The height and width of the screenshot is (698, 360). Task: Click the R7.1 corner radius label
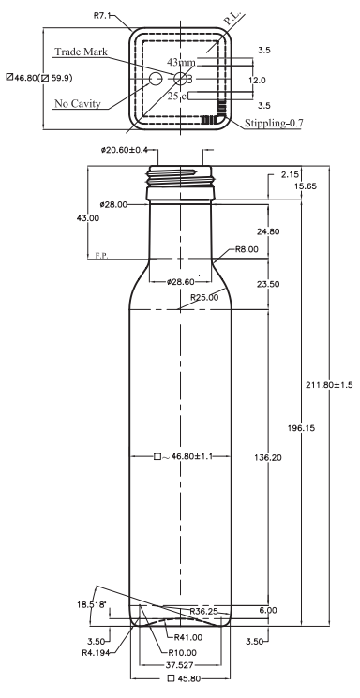coord(101,15)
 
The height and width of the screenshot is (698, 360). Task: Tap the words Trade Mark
coord(81,52)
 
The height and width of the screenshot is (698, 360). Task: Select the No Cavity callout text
coord(78,104)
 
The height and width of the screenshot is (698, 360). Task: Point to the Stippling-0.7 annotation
coord(274,123)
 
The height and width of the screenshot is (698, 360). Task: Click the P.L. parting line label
coord(232,18)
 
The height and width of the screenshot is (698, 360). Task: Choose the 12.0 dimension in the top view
coord(257,81)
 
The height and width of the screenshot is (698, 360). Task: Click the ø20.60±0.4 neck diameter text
coord(125,151)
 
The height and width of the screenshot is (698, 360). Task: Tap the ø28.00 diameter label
coord(114,204)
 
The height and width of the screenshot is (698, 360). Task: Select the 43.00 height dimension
coord(88,218)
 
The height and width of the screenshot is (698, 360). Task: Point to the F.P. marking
coord(101,256)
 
